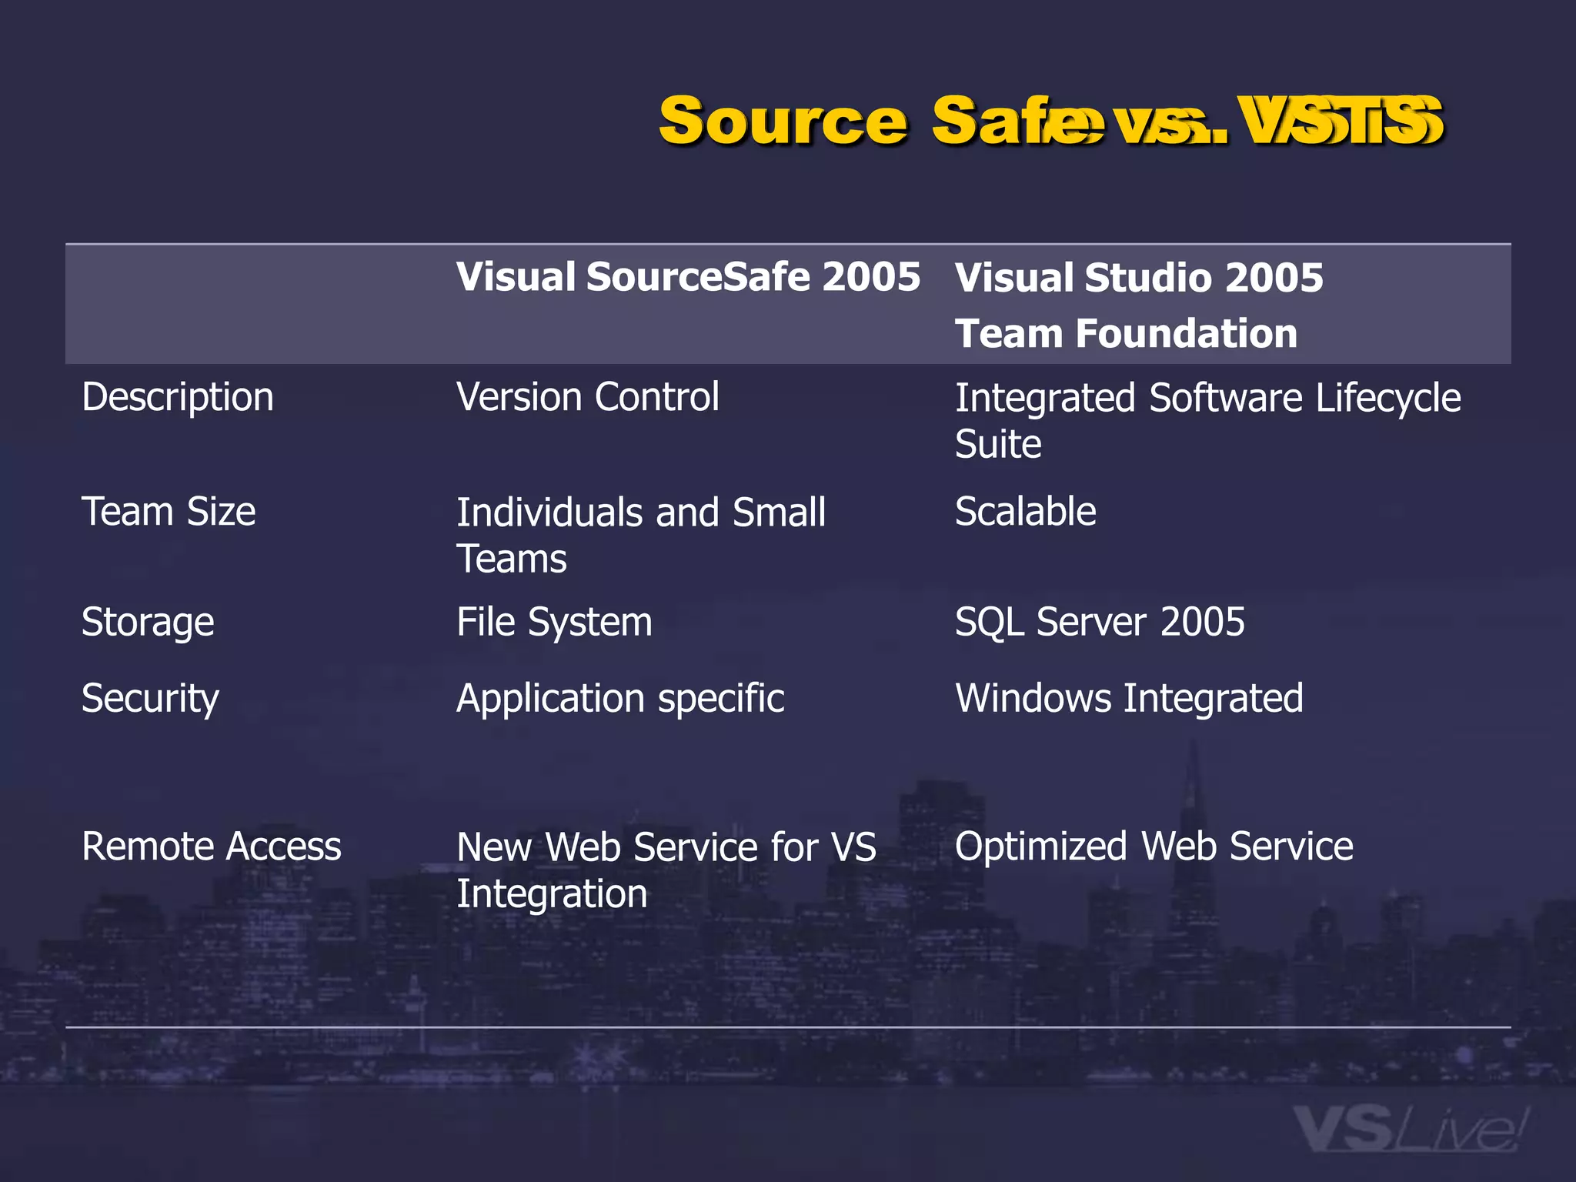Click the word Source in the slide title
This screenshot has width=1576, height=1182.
coord(783,122)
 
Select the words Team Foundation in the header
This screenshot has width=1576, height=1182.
coord(1126,333)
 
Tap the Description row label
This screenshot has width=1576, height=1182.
coord(178,398)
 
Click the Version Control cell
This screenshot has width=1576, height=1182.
coord(587,398)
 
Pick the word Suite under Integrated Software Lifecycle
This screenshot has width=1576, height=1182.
coord(998,445)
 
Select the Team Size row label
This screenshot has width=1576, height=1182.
coord(169,512)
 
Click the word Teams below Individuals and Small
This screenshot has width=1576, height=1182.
coord(511,559)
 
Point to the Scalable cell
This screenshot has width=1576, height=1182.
coord(1025,512)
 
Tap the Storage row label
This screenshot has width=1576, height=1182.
coord(148,622)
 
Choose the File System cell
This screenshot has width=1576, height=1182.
coord(554,622)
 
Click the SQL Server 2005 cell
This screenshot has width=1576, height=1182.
coord(1099,622)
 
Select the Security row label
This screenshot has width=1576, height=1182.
coord(150,699)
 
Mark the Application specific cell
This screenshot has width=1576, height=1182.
coord(620,699)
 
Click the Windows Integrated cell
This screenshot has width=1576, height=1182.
coord(1129,699)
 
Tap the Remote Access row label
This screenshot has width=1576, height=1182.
coord(211,846)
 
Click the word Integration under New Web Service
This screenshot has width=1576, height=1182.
coord(552,894)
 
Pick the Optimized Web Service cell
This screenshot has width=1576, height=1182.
coord(1154,846)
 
